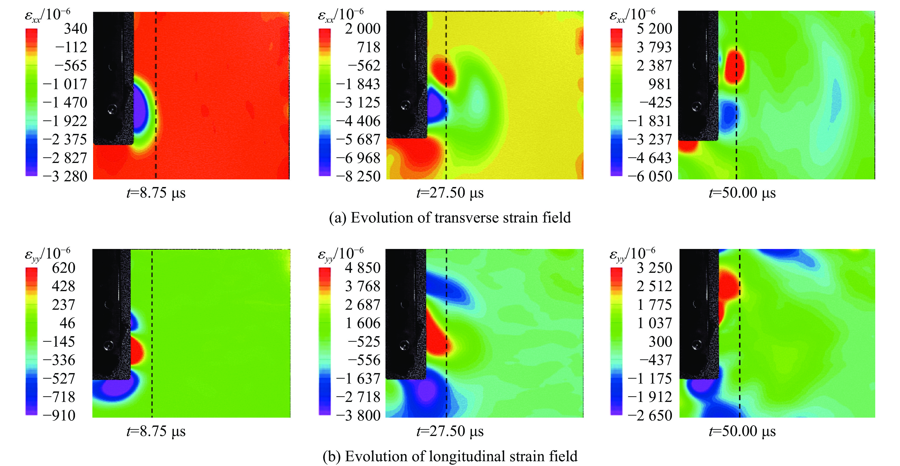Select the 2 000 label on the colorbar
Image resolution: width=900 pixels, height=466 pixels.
(x=362, y=29)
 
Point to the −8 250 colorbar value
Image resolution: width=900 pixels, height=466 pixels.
(x=358, y=176)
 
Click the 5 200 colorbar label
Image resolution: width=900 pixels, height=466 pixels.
(x=654, y=29)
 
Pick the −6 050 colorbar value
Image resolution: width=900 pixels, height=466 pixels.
(x=650, y=176)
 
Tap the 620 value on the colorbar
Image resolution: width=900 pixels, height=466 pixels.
(x=64, y=268)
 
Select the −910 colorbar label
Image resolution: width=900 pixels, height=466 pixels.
(x=59, y=415)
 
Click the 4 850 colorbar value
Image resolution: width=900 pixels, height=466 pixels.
(x=362, y=268)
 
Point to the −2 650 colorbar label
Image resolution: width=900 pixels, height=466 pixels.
(x=650, y=415)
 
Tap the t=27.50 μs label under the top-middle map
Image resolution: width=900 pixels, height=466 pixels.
(x=450, y=193)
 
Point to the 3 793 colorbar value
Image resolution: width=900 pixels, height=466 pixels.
(x=654, y=47)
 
